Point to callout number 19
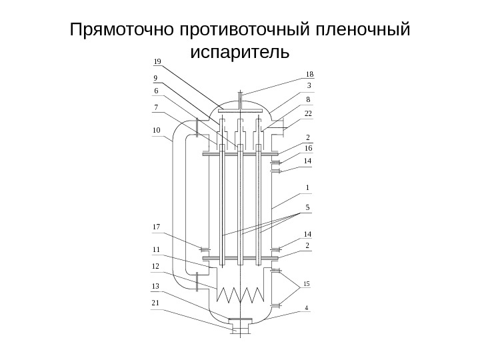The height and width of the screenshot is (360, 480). (x=157, y=61)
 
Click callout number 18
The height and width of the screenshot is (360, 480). (x=309, y=74)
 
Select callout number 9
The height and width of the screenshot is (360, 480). (x=155, y=77)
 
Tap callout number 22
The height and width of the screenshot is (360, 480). (x=309, y=114)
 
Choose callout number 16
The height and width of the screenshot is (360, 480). (x=309, y=147)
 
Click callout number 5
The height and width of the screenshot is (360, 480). (x=307, y=207)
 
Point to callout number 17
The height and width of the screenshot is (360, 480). (x=157, y=227)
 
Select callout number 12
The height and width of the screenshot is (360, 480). (x=157, y=266)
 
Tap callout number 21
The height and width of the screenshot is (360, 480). (x=157, y=303)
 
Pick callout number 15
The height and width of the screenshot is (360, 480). (x=307, y=285)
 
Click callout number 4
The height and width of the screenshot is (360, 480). (x=307, y=308)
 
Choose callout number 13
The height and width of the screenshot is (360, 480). (x=157, y=285)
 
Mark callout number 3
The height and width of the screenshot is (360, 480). (x=309, y=85)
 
